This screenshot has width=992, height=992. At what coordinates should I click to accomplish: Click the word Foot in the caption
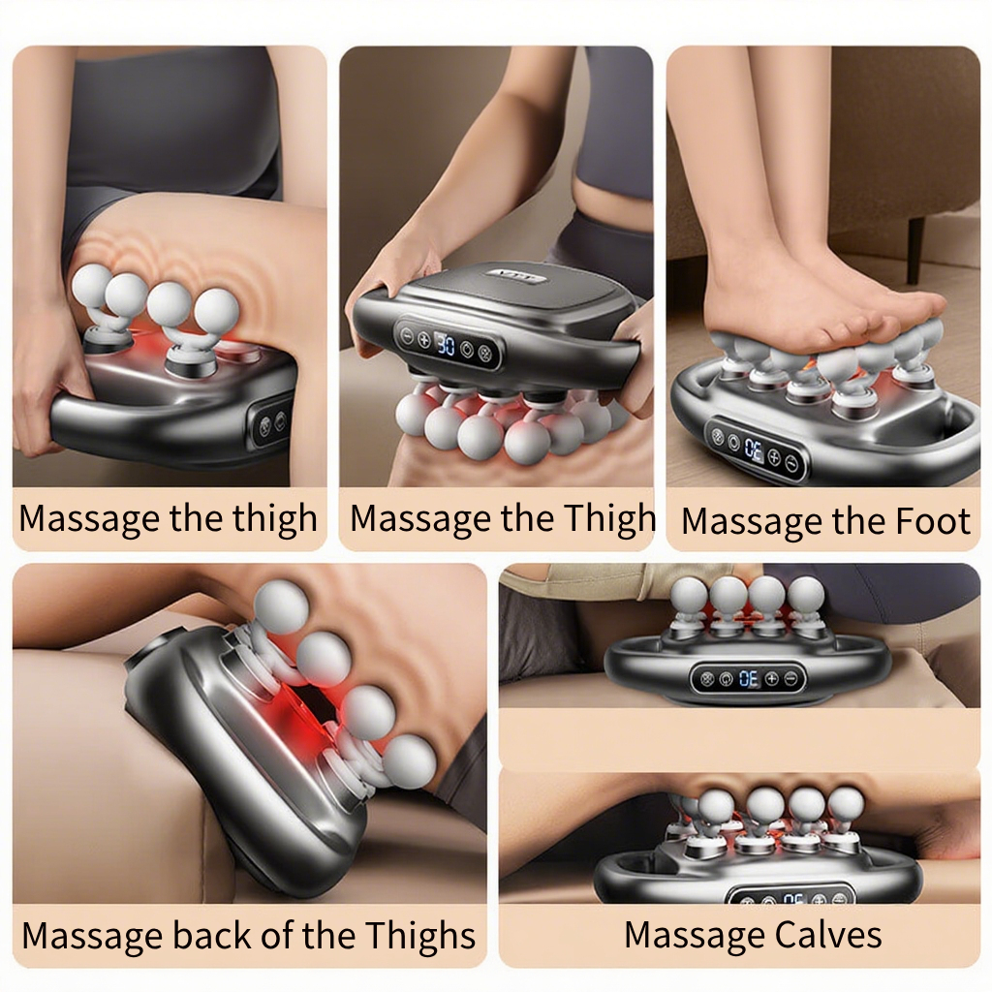click(933, 521)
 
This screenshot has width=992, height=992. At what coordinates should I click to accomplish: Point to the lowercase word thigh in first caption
click(274, 519)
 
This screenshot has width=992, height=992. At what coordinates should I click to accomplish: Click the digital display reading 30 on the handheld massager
click(446, 345)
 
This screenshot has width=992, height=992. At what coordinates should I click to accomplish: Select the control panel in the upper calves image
click(748, 679)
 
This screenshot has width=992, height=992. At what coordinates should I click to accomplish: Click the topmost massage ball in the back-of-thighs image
click(281, 606)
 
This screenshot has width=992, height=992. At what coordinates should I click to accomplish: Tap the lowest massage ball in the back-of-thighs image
click(410, 761)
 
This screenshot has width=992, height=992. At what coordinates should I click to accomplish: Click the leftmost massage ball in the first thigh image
click(92, 286)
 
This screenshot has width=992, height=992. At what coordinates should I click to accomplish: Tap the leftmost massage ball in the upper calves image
click(689, 596)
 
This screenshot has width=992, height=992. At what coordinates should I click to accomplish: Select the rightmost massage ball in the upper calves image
click(806, 596)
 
